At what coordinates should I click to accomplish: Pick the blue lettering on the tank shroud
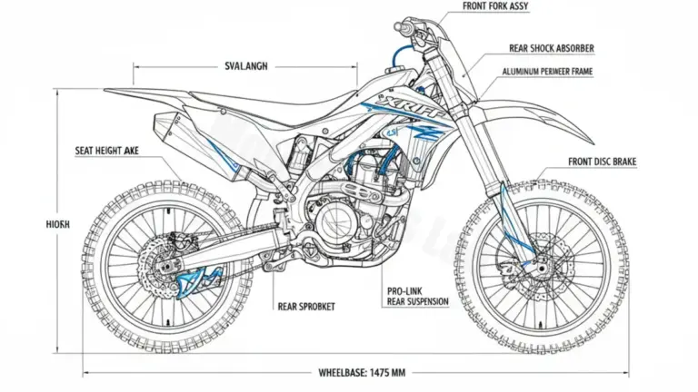pyautogui.click(x=405, y=108)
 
